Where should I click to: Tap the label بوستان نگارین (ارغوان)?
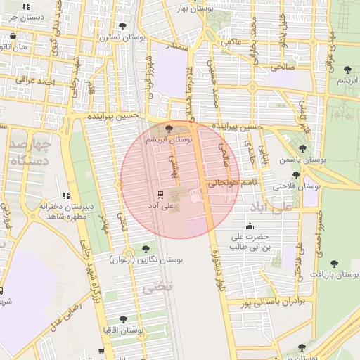pyautogui.click(x=146, y=259)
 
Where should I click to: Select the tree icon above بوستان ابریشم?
pyautogui.click(x=167, y=129)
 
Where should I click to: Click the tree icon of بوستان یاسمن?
pyautogui.click(x=302, y=148)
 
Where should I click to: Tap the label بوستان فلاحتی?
pyautogui.click(x=297, y=187)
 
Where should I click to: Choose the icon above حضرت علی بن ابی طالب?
pyautogui.click(x=250, y=226)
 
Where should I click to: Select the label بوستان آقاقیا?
pyautogui.click(x=124, y=330)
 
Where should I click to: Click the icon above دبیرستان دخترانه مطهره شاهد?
pyautogui.click(x=66, y=195)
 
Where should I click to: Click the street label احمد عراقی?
pyautogui.click(x=38, y=82)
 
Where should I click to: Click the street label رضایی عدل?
pyautogui.click(x=65, y=317)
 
